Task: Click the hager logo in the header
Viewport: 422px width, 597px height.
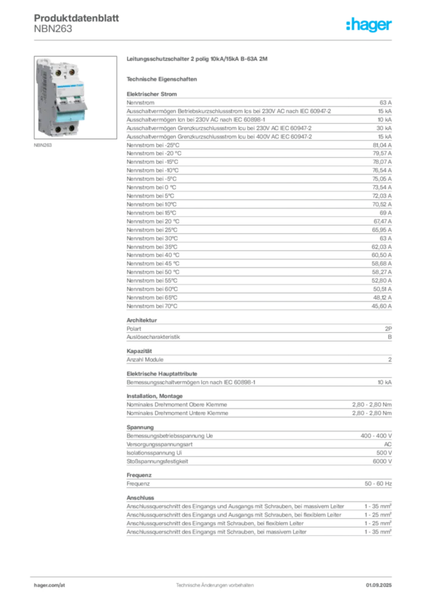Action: tap(369, 24)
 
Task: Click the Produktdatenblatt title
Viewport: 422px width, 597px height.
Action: tap(76, 18)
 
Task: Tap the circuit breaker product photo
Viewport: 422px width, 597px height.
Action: tap(75, 97)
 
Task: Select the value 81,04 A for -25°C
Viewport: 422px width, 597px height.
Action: tap(382, 145)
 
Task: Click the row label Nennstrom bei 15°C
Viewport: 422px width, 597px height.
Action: tap(152, 213)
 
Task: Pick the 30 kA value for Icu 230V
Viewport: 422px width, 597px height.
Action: tap(384, 128)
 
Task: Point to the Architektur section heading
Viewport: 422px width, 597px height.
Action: tap(142, 320)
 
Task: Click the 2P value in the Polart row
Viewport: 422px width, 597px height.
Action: tap(388, 329)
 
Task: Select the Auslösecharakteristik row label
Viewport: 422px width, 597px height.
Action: tap(153, 337)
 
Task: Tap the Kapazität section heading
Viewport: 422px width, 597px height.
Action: tap(139, 351)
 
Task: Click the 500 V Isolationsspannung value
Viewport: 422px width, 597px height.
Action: tap(384, 452)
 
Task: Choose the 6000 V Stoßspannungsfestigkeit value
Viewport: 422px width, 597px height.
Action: tap(382, 461)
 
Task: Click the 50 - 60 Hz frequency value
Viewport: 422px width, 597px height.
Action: tap(378, 483)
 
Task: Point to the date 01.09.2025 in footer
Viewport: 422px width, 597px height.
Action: tap(379, 585)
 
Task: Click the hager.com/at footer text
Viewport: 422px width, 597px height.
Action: tap(50, 585)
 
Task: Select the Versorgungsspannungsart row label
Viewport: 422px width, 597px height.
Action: tap(160, 444)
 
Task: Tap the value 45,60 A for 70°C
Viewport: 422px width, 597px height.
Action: tap(382, 306)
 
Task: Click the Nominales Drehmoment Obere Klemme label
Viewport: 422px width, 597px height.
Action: tap(177, 405)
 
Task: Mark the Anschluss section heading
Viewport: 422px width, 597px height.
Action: tap(140, 498)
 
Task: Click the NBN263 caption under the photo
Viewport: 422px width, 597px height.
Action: tap(43, 145)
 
